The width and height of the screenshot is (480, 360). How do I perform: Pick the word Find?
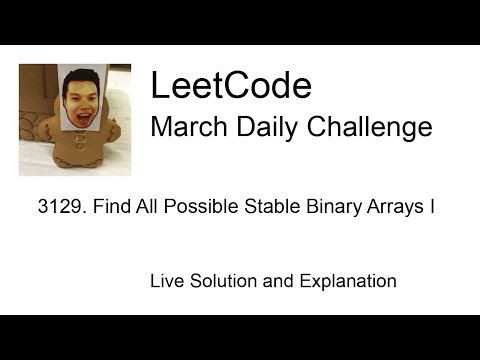tap(111, 209)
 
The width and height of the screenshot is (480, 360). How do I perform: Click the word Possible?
tap(196, 209)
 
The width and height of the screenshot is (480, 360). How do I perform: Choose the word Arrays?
tap(387, 209)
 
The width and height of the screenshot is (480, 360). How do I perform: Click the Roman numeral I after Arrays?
tap(429, 209)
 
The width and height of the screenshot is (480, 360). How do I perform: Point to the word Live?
tap(167, 281)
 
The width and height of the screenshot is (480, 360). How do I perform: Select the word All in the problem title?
tap(144, 209)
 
